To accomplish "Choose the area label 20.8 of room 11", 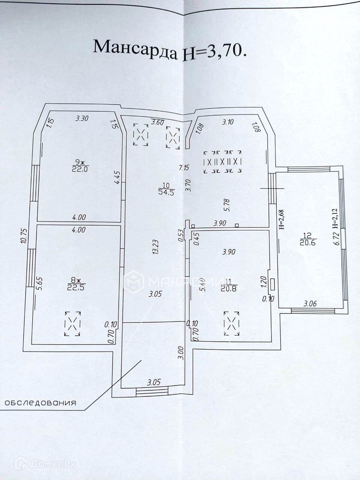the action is point(229,288).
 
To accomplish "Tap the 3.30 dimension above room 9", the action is point(81,119).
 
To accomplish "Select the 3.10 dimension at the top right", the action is point(228,121).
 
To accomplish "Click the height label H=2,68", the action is point(282,219).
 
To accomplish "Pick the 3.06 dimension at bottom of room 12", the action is point(310,304).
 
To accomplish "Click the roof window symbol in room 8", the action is point(73,323).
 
